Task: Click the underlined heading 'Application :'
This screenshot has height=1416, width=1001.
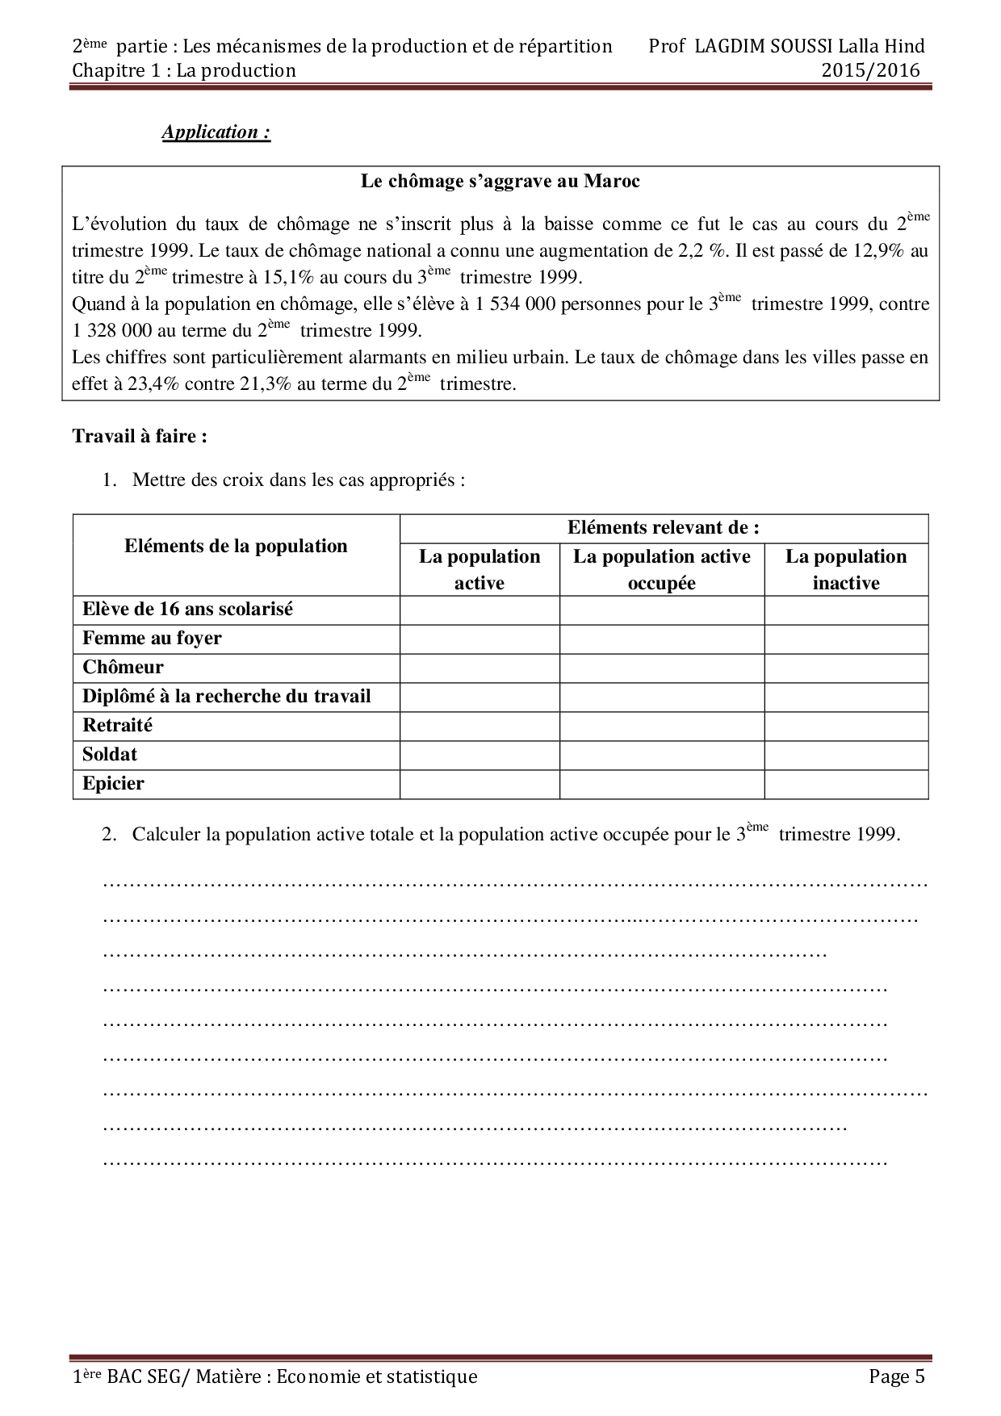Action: click(216, 132)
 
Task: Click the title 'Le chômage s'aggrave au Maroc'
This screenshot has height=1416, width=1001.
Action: click(500, 182)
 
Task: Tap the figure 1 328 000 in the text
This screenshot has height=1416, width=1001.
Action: click(111, 331)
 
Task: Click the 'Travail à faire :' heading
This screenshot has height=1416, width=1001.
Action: click(140, 437)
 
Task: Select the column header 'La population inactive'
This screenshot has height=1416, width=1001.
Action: click(845, 570)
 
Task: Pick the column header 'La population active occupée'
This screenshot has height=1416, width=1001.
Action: click(661, 570)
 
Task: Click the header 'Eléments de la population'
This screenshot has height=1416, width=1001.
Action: click(236, 547)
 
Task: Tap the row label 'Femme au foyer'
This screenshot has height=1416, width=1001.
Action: click(152, 639)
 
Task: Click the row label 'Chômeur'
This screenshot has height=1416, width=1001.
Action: click(123, 668)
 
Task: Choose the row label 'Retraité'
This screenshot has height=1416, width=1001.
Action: click(117, 726)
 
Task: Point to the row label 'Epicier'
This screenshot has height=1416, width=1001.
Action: click(113, 784)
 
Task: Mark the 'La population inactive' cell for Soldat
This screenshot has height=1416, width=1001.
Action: click(845, 756)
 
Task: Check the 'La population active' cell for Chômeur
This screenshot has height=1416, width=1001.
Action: click(480, 668)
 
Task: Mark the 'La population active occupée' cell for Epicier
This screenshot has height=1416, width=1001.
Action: click(661, 785)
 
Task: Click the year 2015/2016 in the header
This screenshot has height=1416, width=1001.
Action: click(870, 71)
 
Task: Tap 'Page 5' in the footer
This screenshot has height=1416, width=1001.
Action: click(896, 1377)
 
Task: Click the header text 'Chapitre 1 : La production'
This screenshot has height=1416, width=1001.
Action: click(184, 71)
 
